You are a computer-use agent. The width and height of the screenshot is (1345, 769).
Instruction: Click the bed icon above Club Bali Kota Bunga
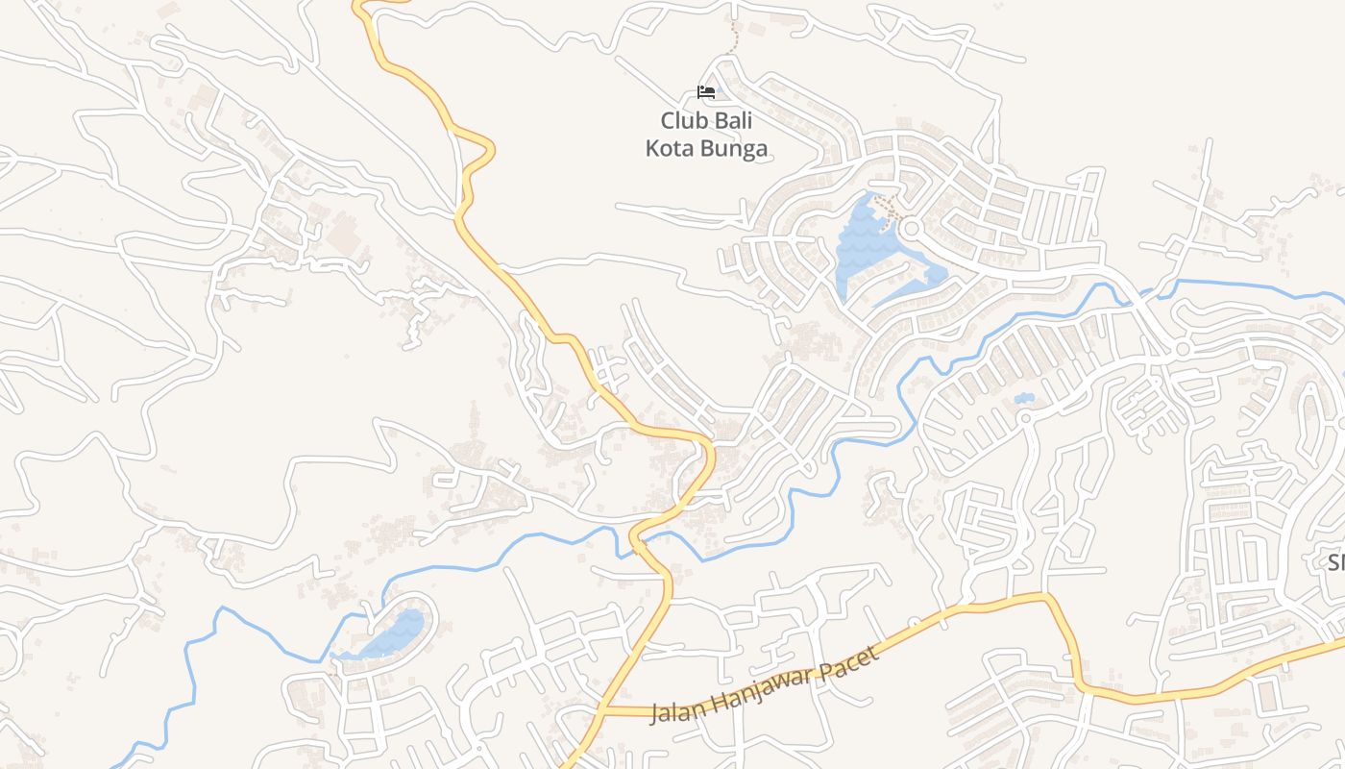pos(706,92)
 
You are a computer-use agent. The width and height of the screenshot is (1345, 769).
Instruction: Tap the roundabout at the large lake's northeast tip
pos(910,229)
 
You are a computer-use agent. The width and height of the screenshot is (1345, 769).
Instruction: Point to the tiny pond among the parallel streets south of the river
pos(1024,398)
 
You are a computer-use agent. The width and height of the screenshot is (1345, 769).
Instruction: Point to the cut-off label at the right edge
pos(1335,562)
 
